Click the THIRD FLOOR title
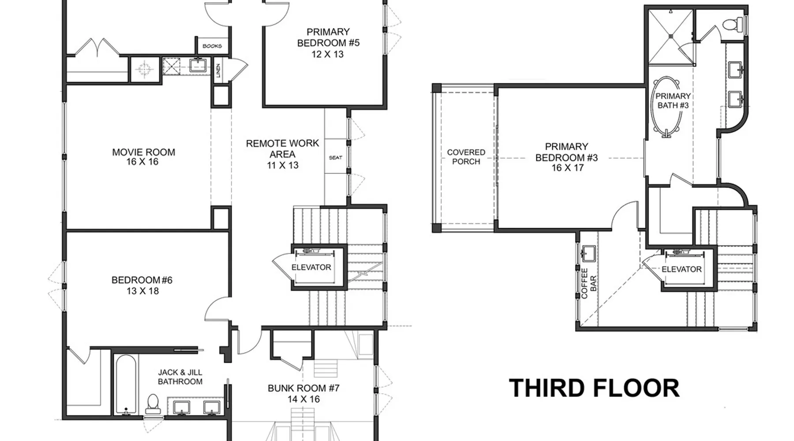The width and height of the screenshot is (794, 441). tap(594, 388)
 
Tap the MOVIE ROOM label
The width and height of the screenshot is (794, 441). tap(143, 157)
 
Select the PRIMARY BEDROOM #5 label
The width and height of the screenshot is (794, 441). tap(328, 43)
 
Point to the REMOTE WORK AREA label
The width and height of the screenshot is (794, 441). tap(282, 154)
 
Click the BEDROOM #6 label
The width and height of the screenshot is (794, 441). tap(142, 285)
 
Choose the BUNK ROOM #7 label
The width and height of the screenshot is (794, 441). tap(303, 393)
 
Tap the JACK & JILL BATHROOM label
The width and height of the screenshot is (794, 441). tap(180, 377)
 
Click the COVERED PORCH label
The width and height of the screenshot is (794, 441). tap(466, 157)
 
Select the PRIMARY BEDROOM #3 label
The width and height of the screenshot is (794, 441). tap(567, 157)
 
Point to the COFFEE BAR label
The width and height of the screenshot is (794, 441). tap(588, 284)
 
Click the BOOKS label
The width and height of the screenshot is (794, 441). tap(212, 46)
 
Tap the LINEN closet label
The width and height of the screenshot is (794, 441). tap(218, 71)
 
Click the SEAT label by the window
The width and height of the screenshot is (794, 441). tap(336, 157)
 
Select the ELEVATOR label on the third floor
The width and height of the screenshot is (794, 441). tap(682, 269)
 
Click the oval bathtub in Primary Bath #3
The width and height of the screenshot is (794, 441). tap(667, 107)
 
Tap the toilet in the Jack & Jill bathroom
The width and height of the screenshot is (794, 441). tap(153, 403)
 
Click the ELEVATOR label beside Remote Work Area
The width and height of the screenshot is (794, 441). tap(311, 267)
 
